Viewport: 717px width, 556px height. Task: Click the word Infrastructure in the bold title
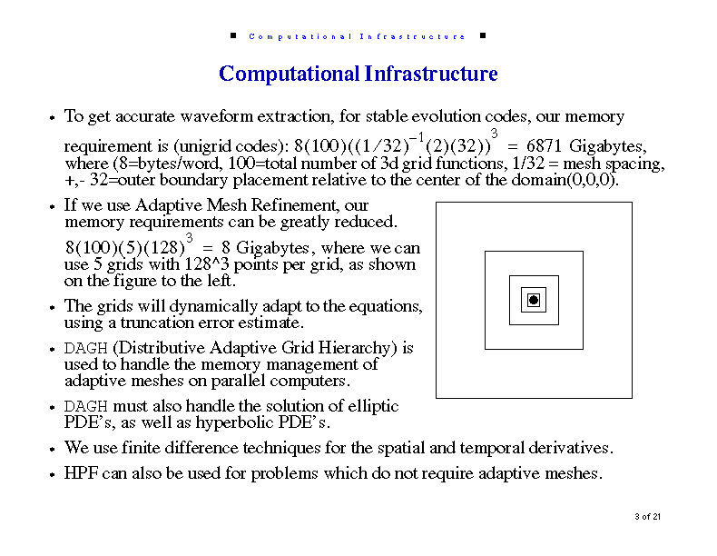pyautogui.click(x=431, y=74)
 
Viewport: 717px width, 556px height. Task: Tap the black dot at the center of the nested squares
pyautogui.click(x=534, y=300)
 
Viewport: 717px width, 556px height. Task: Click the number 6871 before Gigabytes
pyautogui.click(x=544, y=146)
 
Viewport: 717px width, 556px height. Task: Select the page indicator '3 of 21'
pyautogui.click(x=647, y=517)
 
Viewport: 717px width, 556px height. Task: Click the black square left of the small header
pyautogui.click(x=233, y=35)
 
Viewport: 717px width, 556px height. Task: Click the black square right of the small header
pyautogui.click(x=483, y=35)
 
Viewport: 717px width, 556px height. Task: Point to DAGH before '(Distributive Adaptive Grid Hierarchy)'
pyautogui.click(x=85, y=349)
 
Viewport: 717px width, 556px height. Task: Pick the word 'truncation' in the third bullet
pyautogui.click(x=158, y=323)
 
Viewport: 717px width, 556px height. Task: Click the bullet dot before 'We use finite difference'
pyautogui.click(x=52, y=449)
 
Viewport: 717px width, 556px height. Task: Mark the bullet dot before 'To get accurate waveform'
pyautogui.click(x=52, y=117)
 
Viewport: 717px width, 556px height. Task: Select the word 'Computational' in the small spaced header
pyautogui.click(x=300, y=36)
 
